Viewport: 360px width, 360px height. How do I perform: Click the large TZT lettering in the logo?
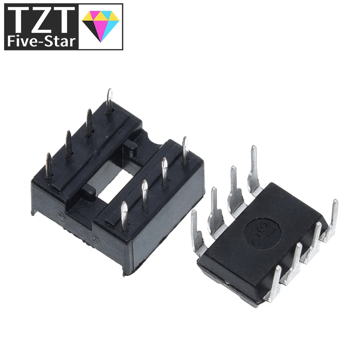coord(40,20)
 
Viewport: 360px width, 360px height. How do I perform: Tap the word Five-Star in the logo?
coord(40,42)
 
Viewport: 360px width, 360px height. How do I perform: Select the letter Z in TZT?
coord(41,20)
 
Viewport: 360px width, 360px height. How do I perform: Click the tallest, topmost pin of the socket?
coord(109,101)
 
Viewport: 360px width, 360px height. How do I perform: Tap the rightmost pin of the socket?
coord(185,151)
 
